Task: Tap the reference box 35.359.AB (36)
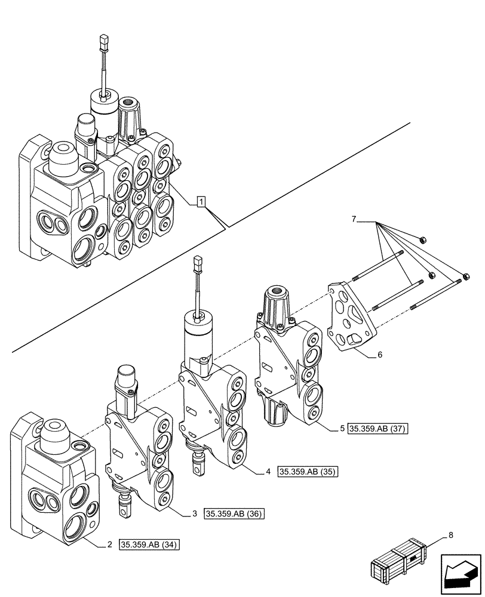point(234,514)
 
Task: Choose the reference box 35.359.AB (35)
point(308,472)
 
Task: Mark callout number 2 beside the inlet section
point(110,544)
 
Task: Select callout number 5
point(342,429)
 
